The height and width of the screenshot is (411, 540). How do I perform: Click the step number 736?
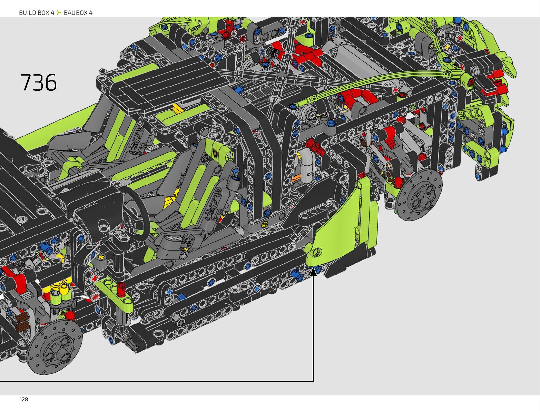(38, 82)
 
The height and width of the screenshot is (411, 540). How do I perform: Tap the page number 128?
(23, 399)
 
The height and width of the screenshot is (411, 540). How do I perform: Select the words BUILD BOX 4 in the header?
(37, 13)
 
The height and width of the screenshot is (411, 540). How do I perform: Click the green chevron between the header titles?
(59, 12)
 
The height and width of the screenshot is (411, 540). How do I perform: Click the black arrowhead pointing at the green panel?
(313, 272)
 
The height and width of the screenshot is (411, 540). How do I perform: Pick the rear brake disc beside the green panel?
(419, 195)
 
